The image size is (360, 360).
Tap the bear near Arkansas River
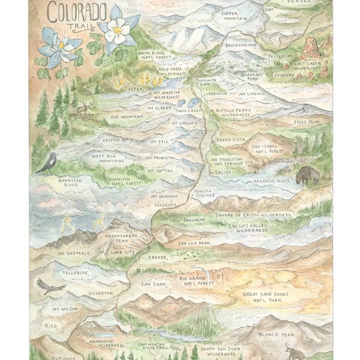tap(307, 174)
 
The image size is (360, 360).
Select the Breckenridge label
tap(241, 45)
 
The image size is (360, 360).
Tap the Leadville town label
tap(216, 93)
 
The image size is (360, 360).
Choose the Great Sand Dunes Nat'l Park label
tap(265, 297)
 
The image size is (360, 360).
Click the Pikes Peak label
tap(306, 121)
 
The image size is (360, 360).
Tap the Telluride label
tap(75, 273)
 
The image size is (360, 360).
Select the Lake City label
tap(123, 252)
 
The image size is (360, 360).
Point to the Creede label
tap(157, 257)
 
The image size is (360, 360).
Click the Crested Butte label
tap(118, 140)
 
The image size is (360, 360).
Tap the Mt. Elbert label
tap(159, 107)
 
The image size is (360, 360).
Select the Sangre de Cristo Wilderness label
tap(252, 215)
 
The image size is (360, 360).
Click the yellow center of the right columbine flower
tap(118, 30)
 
